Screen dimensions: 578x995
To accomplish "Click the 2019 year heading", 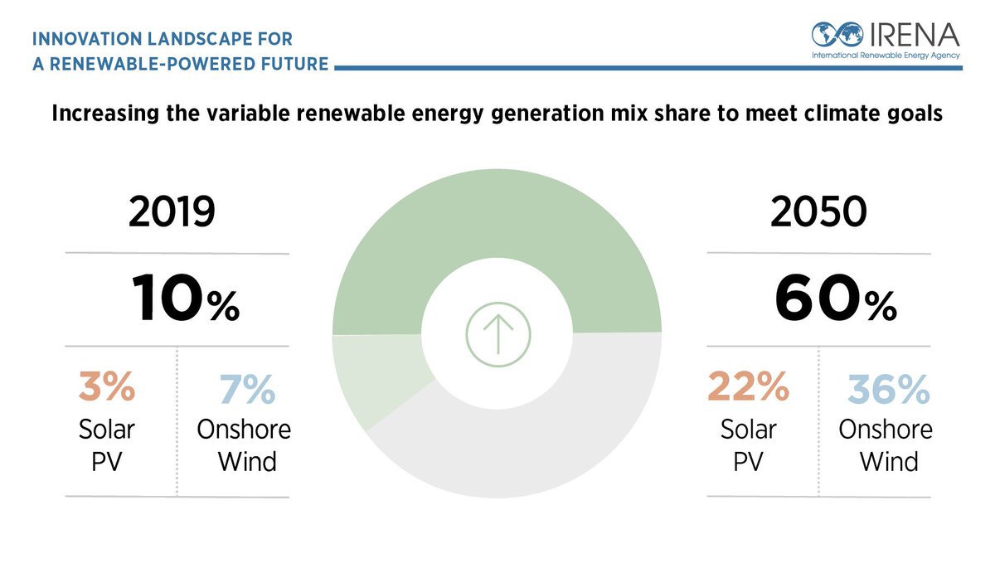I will point(172,214).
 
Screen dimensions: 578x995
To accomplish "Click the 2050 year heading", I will point(818,214).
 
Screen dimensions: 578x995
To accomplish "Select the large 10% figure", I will point(184,300).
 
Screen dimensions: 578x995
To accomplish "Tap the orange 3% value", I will point(106,388).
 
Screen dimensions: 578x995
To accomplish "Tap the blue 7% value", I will point(247,388).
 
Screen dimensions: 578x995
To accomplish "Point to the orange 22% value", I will point(748,388).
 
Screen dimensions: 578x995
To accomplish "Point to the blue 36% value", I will point(889,388).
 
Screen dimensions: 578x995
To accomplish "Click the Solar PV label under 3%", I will point(106,444).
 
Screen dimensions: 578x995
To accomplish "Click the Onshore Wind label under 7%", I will point(244,444).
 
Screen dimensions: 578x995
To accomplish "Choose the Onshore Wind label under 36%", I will point(886,444).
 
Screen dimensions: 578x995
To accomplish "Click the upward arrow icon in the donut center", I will point(497,336).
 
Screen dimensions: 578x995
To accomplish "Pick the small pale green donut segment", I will point(373,377).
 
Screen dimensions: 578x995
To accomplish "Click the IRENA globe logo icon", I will point(838,35).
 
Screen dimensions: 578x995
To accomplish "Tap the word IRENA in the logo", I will point(915,35).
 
